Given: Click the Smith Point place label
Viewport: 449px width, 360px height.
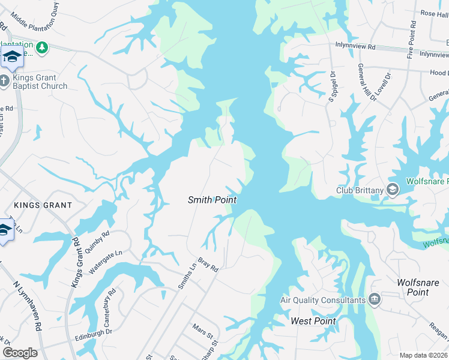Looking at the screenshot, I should (212, 200).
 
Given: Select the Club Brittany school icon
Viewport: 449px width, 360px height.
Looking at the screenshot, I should (393, 190).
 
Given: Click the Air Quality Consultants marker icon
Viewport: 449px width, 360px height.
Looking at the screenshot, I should (375, 299).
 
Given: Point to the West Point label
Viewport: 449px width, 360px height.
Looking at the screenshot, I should (313, 321).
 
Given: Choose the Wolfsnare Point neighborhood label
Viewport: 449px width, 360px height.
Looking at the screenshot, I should (421, 287).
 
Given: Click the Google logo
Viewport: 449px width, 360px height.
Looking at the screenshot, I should (20, 352).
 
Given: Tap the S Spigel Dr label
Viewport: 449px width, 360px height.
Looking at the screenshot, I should (331, 86).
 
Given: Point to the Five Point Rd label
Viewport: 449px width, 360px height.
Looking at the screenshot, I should (411, 39).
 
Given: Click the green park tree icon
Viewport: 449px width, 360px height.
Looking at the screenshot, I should (41, 47).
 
